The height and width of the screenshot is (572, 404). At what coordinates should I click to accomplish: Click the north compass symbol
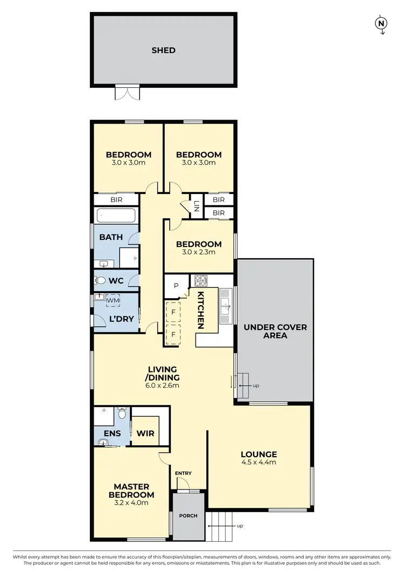(381, 23)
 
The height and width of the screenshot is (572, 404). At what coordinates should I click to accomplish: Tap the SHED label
(163, 50)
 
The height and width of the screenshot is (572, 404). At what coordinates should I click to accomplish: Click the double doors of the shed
(127, 92)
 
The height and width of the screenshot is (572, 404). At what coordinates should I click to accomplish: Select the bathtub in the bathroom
(117, 217)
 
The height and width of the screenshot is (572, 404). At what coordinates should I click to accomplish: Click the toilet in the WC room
(101, 280)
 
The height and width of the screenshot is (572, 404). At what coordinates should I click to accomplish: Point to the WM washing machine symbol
(114, 300)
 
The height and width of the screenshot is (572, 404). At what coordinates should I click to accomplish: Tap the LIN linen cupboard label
(197, 206)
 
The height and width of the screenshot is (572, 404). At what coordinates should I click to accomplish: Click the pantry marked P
(176, 286)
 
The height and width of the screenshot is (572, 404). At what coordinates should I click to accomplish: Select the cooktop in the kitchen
(201, 281)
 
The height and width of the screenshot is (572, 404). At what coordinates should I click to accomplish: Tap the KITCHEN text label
(200, 310)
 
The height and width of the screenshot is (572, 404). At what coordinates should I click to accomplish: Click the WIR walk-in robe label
(145, 433)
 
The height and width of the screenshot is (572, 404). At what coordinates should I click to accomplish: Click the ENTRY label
(183, 473)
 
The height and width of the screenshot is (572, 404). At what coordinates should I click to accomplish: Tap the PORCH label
(189, 515)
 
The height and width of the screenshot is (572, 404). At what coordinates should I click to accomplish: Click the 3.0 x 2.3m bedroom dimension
(199, 252)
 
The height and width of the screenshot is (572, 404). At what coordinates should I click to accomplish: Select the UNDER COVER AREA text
(275, 331)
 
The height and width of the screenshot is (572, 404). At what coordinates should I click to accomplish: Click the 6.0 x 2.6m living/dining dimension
(163, 385)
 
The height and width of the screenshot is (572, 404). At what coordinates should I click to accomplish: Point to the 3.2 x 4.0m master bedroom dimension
(131, 502)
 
